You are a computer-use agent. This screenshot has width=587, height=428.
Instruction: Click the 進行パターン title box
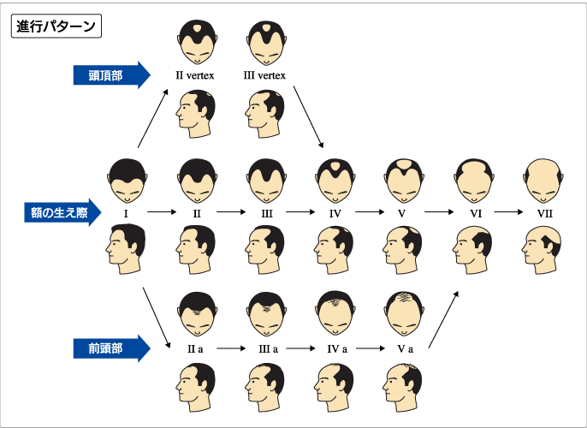click(x=56, y=27)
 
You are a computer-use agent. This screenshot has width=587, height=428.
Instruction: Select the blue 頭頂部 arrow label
click(x=111, y=75)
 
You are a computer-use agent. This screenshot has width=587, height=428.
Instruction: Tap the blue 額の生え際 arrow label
click(x=62, y=212)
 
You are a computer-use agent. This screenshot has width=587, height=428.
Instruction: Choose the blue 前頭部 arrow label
click(x=111, y=348)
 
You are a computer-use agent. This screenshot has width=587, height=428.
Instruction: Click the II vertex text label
click(x=195, y=75)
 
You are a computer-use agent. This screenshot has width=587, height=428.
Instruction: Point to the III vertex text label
click(x=264, y=75)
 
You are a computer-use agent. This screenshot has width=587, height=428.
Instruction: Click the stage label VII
click(x=545, y=214)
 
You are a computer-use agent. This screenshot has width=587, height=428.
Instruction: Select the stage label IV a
click(x=337, y=349)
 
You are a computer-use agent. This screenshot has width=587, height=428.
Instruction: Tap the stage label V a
click(x=406, y=349)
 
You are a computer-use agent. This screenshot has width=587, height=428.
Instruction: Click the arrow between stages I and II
click(x=162, y=212)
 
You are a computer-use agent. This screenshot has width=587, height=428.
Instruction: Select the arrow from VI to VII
click(x=508, y=212)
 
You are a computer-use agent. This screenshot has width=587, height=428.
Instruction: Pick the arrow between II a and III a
click(x=231, y=348)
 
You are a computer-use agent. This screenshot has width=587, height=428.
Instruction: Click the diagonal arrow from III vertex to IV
click(x=308, y=116)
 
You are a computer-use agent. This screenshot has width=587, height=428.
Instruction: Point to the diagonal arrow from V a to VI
click(x=443, y=320)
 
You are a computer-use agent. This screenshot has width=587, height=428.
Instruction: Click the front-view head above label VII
click(x=543, y=181)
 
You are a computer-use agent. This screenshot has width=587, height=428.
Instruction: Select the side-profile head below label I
click(x=126, y=249)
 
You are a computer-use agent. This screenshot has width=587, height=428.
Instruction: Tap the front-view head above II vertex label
click(x=197, y=42)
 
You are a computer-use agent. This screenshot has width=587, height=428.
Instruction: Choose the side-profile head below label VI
click(x=472, y=250)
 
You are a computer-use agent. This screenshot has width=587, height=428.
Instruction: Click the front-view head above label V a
click(x=404, y=314)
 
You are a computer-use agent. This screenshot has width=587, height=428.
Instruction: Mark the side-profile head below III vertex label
click(x=265, y=114)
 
